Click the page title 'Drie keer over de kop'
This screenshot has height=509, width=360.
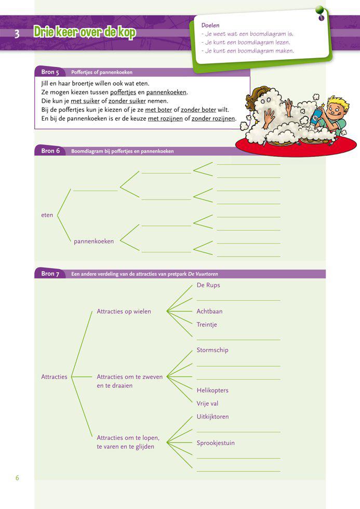click(84, 33)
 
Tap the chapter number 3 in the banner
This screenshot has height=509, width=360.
click(17, 34)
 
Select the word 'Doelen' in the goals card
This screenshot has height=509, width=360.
click(210, 25)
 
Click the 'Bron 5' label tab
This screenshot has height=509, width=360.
click(50, 72)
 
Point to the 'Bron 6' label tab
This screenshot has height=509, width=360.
click(50, 151)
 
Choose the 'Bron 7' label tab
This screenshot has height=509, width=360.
click(50, 274)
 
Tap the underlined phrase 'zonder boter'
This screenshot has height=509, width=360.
click(198, 110)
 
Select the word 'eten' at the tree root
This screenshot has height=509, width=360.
click(47, 215)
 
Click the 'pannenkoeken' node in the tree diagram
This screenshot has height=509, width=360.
click(94, 242)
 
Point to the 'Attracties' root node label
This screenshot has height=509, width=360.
click(54, 377)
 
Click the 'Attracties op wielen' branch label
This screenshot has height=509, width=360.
click(124, 312)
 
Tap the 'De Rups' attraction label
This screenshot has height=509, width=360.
click(208, 286)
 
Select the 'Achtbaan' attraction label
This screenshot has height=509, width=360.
click(209, 312)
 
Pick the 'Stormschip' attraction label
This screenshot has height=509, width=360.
click(212, 350)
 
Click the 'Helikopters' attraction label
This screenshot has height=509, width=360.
click(212, 391)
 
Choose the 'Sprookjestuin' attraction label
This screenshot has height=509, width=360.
click(216, 443)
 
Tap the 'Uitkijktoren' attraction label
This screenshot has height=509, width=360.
click(212, 417)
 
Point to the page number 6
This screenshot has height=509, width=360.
click(17, 478)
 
